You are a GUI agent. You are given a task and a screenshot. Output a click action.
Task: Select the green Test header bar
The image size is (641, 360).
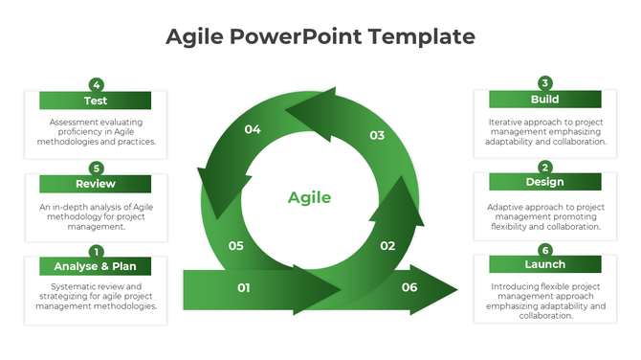pyautogui.click(x=95, y=101)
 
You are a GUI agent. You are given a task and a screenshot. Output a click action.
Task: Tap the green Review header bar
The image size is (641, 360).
pyautogui.click(x=95, y=184)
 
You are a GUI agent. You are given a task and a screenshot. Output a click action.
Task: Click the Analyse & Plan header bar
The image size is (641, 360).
pyautogui.click(x=95, y=266)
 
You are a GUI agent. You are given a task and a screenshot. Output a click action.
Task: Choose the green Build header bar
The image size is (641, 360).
pyautogui.click(x=544, y=100)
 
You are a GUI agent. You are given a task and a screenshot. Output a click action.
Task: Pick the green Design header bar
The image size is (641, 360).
pyautogui.click(x=544, y=182)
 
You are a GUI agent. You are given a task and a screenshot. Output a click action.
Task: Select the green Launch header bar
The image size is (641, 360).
pyautogui.click(x=544, y=264)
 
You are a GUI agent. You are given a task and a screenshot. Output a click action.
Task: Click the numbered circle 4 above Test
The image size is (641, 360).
pyautogui.click(x=96, y=84)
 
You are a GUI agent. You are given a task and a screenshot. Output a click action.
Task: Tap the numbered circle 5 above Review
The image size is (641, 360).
pyautogui.click(x=96, y=168)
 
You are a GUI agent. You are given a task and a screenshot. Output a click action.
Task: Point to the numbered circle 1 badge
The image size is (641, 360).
pyautogui.click(x=96, y=251)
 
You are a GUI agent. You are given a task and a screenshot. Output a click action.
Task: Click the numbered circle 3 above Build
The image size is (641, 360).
pyautogui.click(x=545, y=83)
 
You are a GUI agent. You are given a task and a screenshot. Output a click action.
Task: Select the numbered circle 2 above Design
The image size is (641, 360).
pyautogui.click(x=545, y=167)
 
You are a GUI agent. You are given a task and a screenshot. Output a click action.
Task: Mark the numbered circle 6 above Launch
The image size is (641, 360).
pyautogui.click(x=545, y=249)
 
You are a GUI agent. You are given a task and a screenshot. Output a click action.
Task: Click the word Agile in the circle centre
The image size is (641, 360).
pyautogui.click(x=309, y=198)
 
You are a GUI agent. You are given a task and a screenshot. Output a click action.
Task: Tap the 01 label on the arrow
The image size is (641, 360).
pyautogui.click(x=244, y=287)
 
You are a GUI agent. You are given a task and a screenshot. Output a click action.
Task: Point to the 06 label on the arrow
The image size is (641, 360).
pyautogui.click(x=409, y=287)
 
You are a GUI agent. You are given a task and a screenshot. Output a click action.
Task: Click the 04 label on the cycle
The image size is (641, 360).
pyautogui.click(x=253, y=129)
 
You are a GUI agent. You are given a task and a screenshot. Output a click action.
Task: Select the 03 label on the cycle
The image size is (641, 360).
pyautogui.click(x=377, y=135)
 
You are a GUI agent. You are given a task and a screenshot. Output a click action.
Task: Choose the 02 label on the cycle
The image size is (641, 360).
pyautogui.click(x=387, y=246)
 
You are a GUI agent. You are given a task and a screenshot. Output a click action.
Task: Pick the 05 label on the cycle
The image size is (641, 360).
pyautogui.click(x=236, y=246)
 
